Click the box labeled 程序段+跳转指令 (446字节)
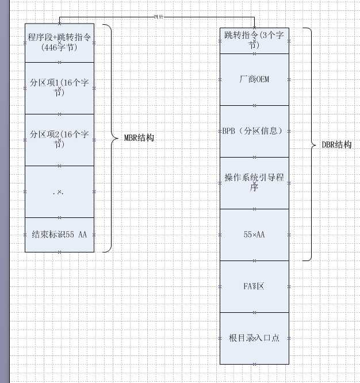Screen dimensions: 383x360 point(59,42)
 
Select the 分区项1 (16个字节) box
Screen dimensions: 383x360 point(59,87)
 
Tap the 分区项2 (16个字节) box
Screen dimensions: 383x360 point(59,139)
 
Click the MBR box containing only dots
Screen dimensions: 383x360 point(59,191)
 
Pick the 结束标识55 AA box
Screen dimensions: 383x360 point(59,234)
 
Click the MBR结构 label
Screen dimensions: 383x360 point(139,138)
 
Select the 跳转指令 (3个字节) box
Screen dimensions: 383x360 point(254,40)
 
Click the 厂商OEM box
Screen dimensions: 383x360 point(254,79)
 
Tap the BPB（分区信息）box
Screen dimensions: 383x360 point(254,131)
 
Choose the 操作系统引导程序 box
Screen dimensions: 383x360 point(254,182)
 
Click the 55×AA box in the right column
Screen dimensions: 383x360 point(254,234)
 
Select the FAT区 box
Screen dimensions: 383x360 point(254,286)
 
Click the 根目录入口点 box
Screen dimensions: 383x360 point(254,338)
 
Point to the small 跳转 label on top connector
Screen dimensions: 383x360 point(159,17)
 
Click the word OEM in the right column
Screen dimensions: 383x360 point(262,79)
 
